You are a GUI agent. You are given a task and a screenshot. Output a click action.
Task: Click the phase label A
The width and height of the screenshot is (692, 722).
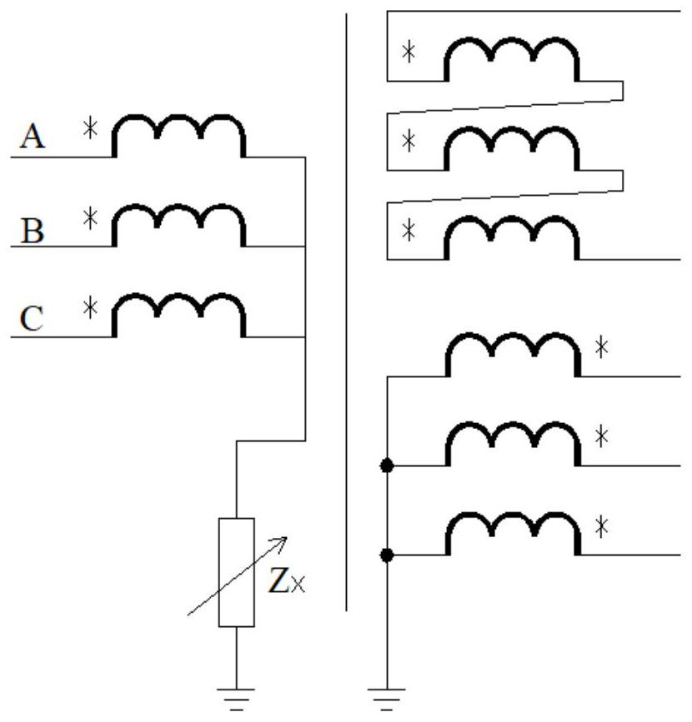(33, 136)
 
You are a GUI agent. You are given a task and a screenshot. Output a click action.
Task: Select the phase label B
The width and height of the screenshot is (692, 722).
(33, 229)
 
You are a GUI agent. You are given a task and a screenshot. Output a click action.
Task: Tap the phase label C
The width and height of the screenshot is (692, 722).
(33, 319)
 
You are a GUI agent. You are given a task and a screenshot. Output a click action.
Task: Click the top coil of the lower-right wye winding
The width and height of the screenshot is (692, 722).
(511, 356)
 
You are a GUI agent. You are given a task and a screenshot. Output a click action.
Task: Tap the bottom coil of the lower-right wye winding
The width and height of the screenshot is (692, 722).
(511, 535)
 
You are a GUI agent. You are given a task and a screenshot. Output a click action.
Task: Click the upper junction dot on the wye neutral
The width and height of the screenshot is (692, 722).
(387, 466)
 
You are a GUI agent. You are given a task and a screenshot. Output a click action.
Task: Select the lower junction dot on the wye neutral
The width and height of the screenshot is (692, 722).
(387, 555)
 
